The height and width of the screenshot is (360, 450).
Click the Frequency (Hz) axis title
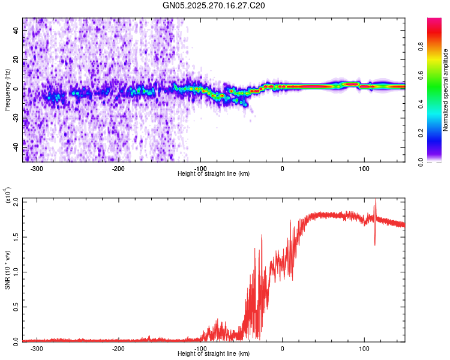pos(7,90)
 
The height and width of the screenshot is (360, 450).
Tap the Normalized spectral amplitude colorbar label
pos(445,90)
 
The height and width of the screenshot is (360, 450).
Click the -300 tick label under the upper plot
pos(38,168)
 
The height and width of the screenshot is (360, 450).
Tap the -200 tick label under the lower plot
pos(119,348)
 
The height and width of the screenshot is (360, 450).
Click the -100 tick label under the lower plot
pos(200,348)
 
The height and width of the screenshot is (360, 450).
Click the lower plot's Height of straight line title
pos(214,354)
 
